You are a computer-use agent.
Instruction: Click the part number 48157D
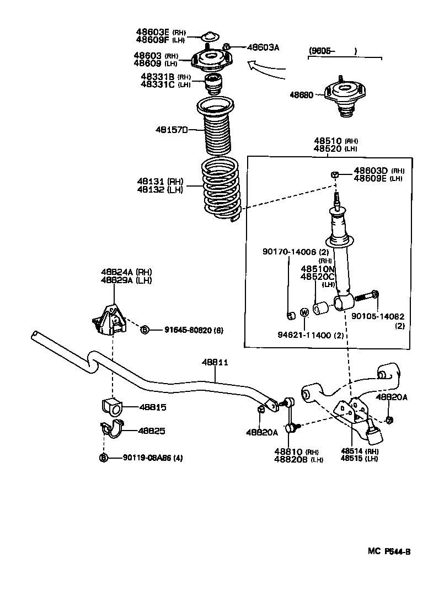(x=172, y=130)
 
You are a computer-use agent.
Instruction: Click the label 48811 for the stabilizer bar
(x=215, y=362)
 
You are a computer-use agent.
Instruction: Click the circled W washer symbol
(x=304, y=312)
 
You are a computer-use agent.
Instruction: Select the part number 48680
(x=302, y=95)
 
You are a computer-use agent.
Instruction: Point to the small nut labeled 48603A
(x=226, y=47)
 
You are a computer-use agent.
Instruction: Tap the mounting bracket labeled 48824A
(x=108, y=320)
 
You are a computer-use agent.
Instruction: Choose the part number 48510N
(x=318, y=269)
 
